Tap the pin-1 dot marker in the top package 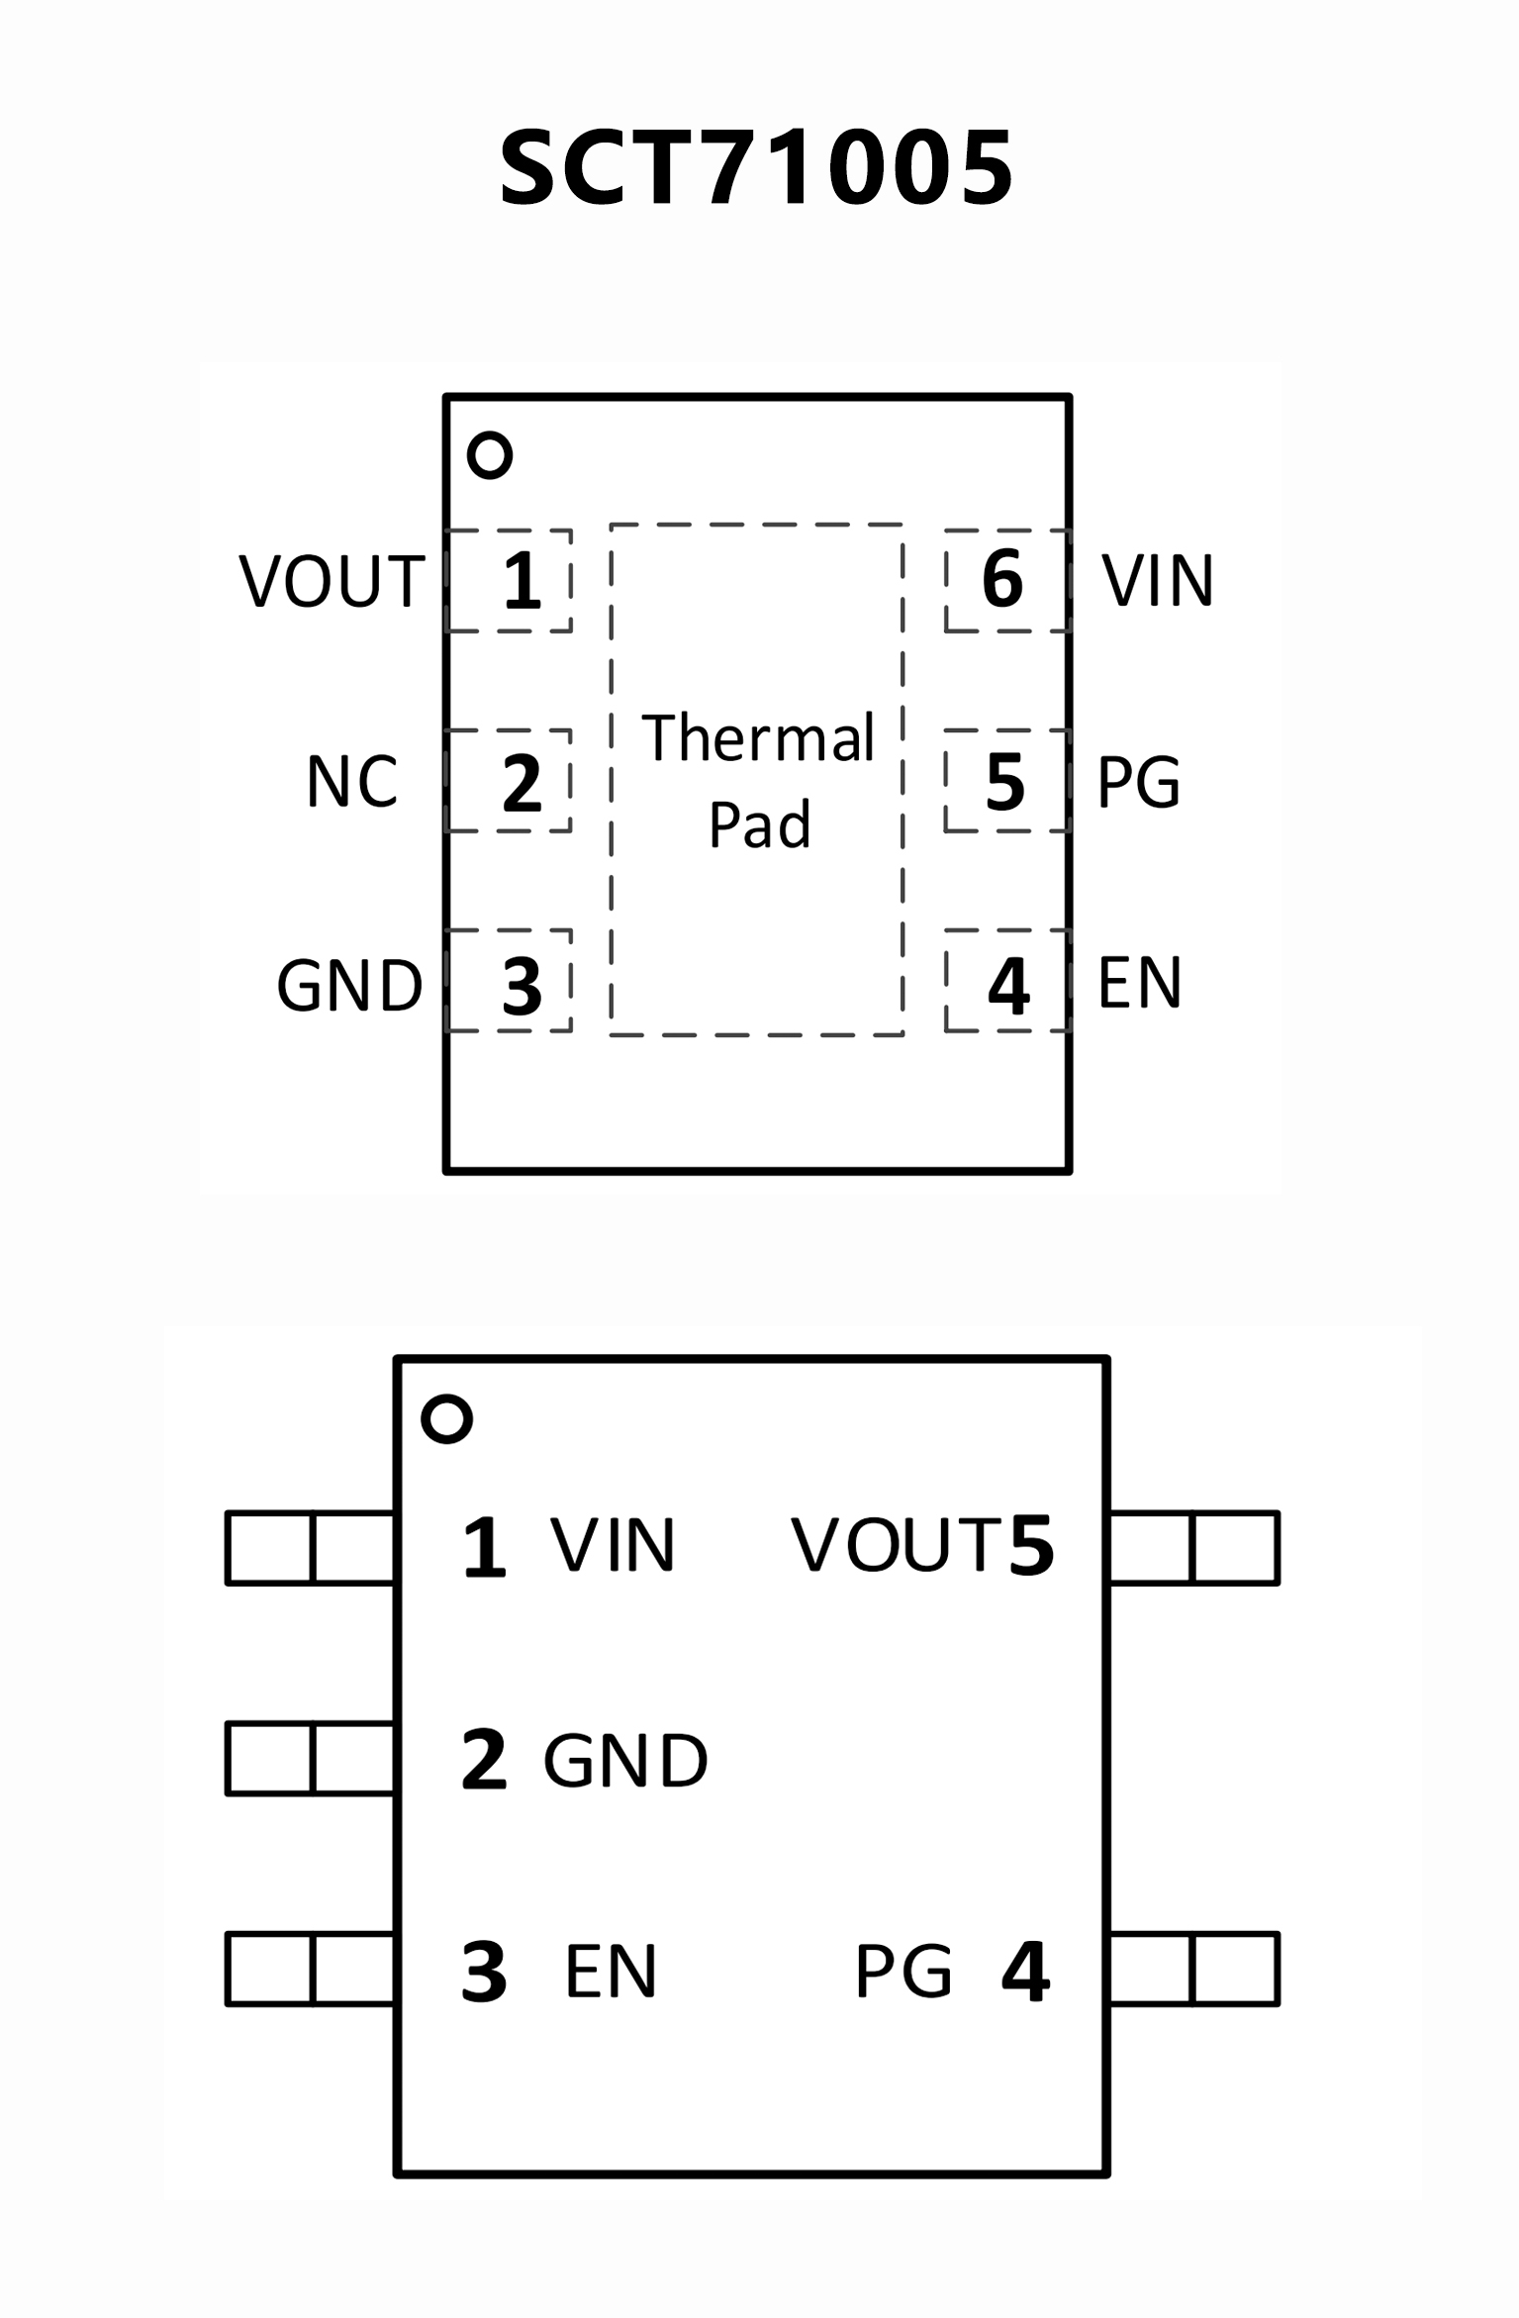[x=490, y=455]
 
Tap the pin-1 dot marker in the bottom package [x=446, y=1419]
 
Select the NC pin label [x=351, y=782]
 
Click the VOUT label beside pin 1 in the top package [x=332, y=581]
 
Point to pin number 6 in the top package [x=1001, y=579]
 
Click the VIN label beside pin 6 [x=1158, y=581]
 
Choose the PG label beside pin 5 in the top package [x=1138, y=782]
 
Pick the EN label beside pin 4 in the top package [x=1139, y=983]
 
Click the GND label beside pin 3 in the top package [x=349, y=986]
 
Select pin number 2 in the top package [x=522, y=783]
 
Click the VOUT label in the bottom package [x=897, y=1545]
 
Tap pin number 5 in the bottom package [x=1031, y=1545]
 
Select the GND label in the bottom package [x=625, y=1761]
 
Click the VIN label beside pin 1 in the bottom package [x=613, y=1545]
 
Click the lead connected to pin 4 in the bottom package [x=1193, y=1970]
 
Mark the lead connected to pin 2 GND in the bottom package [x=311, y=1759]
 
